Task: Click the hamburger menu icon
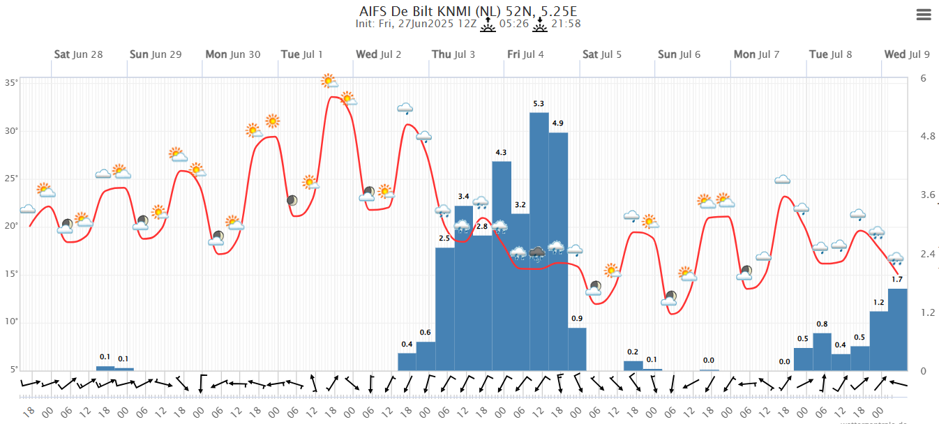[924, 15]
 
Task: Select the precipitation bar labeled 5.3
[539, 241]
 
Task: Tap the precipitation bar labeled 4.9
[558, 251]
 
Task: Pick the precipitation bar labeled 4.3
[502, 265]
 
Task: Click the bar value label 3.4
[464, 196]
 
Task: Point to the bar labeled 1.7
[898, 329]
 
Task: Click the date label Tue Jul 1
[301, 54]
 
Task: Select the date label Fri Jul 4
[525, 54]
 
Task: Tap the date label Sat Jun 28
[78, 54]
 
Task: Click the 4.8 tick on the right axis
[927, 136]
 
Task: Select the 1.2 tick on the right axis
[927, 312]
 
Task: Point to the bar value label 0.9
[577, 319]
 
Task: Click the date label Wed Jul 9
[906, 54]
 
